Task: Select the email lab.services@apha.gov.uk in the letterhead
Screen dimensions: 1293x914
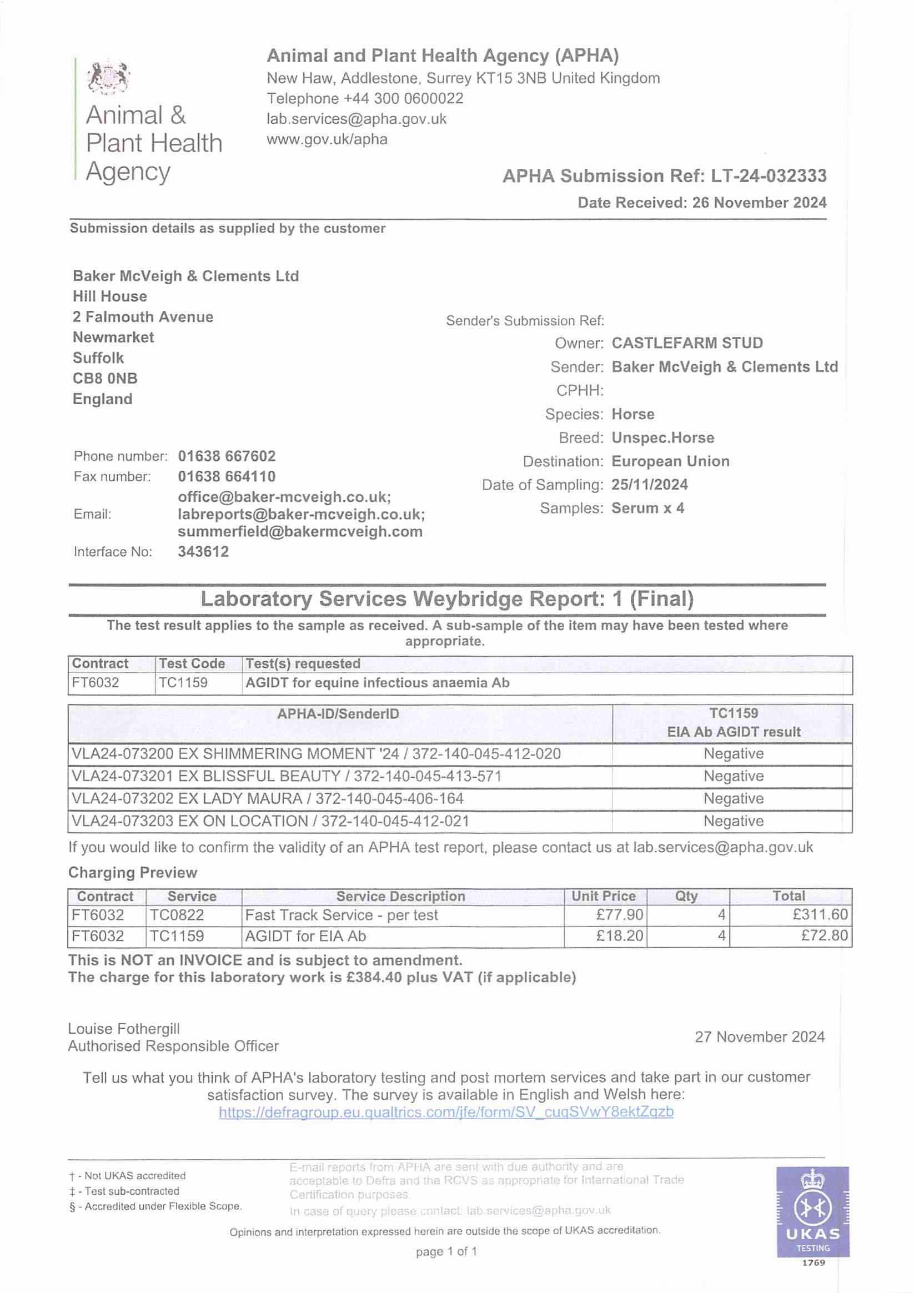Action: pyautogui.click(x=356, y=119)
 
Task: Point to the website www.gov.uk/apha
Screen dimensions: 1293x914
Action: pyautogui.click(x=327, y=139)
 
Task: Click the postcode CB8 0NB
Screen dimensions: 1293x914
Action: pyautogui.click(x=105, y=379)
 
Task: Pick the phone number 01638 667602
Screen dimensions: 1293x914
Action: pyautogui.click(x=227, y=456)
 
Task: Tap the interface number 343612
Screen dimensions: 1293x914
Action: pyautogui.click(x=203, y=552)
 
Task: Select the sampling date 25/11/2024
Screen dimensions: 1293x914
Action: pyautogui.click(x=649, y=485)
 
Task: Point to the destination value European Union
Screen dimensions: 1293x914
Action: pyautogui.click(x=670, y=461)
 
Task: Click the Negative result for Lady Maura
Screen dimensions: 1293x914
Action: pyautogui.click(x=733, y=798)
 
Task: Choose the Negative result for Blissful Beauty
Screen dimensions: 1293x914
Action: pyautogui.click(x=733, y=776)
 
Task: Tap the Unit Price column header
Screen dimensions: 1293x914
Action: pyautogui.click(x=603, y=896)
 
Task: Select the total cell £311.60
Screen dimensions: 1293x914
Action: pyautogui.click(x=820, y=915)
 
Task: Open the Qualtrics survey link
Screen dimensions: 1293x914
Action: pyautogui.click(x=445, y=1112)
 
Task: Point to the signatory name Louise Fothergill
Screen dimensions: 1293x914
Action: pyautogui.click(x=124, y=1029)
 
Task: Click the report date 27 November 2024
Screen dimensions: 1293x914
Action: pyautogui.click(x=759, y=1037)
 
